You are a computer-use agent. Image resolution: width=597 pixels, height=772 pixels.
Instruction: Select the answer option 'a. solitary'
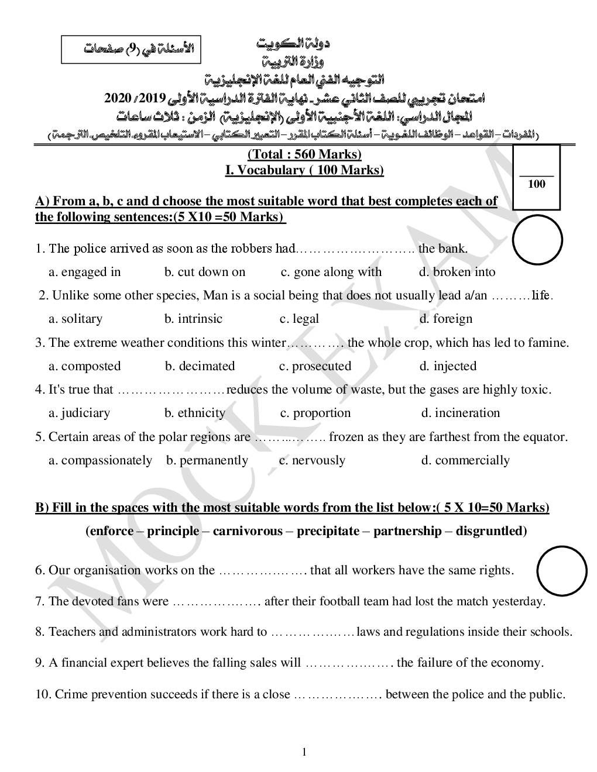[x=76, y=319]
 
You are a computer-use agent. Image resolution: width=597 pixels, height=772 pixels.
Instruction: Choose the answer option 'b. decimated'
[x=200, y=366]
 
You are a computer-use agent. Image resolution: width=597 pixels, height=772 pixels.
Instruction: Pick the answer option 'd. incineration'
[x=461, y=413]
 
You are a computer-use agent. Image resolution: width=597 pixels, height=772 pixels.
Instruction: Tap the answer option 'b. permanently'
[x=207, y=460]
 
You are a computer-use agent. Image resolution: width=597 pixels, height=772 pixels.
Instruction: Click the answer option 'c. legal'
[x=299, y=319]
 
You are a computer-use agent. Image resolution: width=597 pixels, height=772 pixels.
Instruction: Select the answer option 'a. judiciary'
[x=79, y=413]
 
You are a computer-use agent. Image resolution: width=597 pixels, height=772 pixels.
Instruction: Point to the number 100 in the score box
[x=536, y=184]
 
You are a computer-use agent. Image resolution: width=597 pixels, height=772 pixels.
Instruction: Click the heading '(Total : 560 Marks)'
[x=304, y=154]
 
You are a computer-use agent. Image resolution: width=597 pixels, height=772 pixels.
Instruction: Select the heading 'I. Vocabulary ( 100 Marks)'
[x=304, y=170]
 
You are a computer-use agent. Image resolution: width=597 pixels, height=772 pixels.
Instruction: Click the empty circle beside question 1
[x=537, y=240]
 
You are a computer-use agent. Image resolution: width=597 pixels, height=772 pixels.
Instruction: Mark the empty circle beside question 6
[x=561, y=571]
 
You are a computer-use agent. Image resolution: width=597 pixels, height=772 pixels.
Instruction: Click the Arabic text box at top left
[x=132, y=49]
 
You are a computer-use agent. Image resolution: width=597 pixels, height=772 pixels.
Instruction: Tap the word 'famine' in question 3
[x=549, y=343]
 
